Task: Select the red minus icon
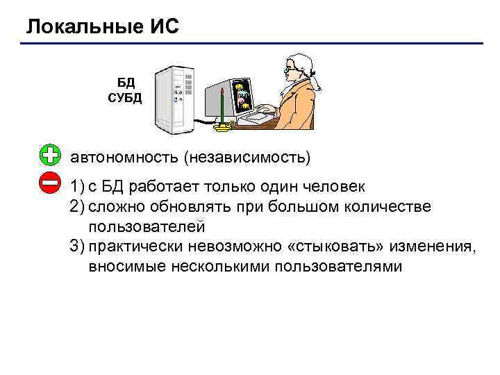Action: [50, 183]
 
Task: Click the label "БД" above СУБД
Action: [125, 83]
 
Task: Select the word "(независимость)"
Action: [247, 157]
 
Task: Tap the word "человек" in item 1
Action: [337, 187]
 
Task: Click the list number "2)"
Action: [76, 207]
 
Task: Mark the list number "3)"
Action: [76, 246]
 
